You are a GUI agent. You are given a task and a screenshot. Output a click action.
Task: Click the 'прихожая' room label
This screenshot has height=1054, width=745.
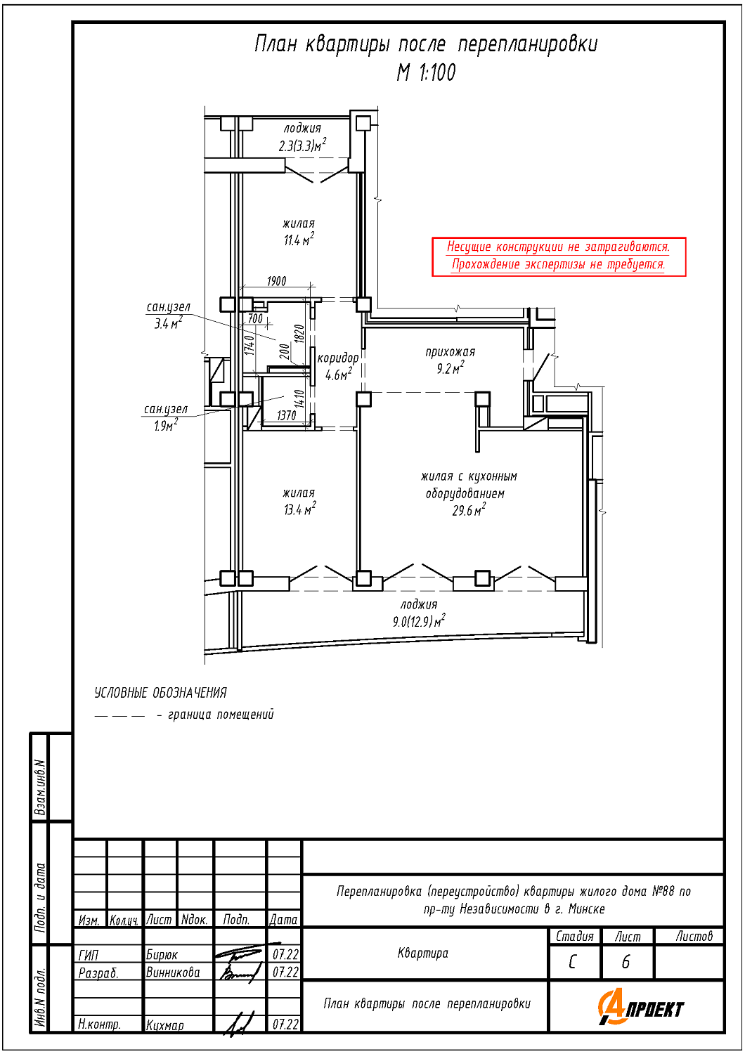click(450, 352)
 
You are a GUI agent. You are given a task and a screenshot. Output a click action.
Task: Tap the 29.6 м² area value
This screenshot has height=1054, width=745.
click(469, 511)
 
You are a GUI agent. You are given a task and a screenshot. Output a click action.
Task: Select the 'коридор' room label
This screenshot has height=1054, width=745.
click(338, 358)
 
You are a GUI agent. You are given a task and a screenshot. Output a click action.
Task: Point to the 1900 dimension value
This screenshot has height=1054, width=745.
click(276, 281)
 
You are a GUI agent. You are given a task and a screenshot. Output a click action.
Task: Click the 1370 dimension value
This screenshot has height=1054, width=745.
click(286, 415)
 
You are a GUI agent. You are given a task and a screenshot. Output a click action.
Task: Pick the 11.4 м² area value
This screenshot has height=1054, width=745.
click(299, 240)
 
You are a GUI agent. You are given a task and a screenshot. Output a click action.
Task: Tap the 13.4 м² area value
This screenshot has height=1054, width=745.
click(299, 509)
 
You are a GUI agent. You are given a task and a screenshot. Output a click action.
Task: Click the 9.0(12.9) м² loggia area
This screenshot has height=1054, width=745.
click(419, 622)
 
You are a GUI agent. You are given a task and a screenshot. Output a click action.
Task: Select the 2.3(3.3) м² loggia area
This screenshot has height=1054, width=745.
click(302, 146)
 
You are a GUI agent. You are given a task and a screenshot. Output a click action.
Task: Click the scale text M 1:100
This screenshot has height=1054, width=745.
click(426, 72)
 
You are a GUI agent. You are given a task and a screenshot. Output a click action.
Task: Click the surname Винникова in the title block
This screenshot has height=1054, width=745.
click(173, 972)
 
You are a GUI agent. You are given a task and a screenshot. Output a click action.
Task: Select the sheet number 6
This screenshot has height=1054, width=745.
click(626, 962)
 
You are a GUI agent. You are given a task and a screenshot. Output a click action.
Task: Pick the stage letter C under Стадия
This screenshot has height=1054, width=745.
click(573, 962)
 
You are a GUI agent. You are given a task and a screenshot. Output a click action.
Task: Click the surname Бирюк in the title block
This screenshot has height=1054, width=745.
click(162, 955)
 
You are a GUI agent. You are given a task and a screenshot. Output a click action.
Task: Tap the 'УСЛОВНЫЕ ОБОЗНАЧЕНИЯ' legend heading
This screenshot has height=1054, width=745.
click(161, 693)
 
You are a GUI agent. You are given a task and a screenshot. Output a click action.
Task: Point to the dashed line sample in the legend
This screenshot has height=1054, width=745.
click(119, 716)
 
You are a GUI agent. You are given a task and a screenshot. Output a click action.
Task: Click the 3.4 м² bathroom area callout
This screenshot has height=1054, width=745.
click(167, 324)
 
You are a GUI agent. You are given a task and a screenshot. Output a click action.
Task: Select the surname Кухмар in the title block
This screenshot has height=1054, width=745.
click(165, 1025)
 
